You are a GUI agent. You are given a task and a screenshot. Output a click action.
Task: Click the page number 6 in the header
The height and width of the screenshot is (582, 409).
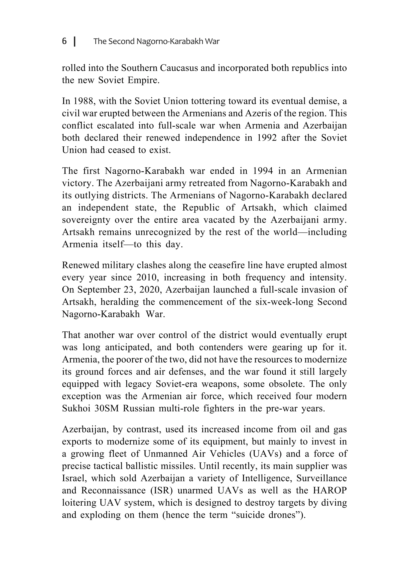[x=65, y=41]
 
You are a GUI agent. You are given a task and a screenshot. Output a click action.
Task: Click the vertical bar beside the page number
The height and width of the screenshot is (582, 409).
[x=75, y=42]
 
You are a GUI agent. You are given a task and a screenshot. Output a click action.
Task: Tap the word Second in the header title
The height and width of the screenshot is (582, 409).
[x=121, y=41]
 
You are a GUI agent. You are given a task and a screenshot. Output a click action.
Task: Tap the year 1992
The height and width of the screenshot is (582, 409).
[x=267, y=138]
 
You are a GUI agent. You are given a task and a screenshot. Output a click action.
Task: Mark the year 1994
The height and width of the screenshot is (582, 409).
[x=263, y=171]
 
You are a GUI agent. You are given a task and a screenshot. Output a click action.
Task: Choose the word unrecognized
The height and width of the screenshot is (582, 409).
[x=163, y=232]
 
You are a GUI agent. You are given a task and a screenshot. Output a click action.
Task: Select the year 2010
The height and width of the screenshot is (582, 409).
[x=147, y=278]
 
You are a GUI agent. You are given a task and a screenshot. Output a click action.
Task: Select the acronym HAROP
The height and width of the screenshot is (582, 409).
[x=330, y=490]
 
